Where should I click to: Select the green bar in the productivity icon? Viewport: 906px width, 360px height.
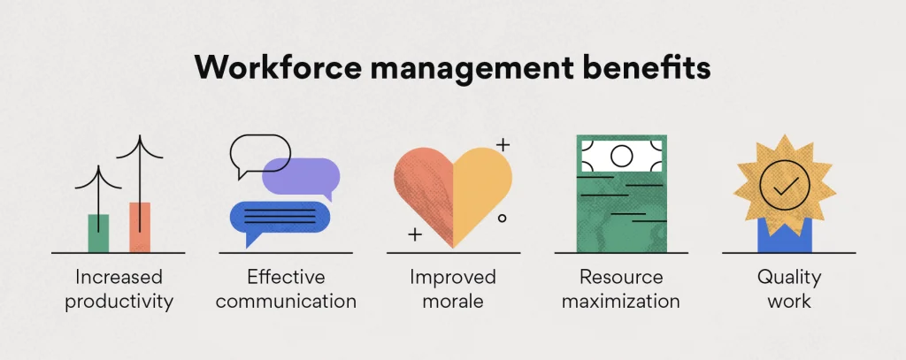tap(98, 232)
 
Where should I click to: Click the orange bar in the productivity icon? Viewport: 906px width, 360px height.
tap(140, 226)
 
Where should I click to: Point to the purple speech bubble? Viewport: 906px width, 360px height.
tap(301, 176)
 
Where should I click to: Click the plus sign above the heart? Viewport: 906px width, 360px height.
tap(503, 142)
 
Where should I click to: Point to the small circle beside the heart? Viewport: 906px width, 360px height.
tap(502, 217)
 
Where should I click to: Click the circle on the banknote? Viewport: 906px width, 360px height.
tap(621, 156)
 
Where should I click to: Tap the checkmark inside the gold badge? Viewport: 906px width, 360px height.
tap(785, 185)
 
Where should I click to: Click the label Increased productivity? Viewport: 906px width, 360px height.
tap(119, 289)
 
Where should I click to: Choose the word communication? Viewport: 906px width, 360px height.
tap(286, 301)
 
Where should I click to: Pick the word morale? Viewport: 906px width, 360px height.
tap(453, 301)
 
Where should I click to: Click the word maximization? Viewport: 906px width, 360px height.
tap(620, 301)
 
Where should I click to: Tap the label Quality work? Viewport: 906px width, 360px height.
tap(788, 289)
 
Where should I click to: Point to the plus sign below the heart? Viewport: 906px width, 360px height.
tap(414, 234)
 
